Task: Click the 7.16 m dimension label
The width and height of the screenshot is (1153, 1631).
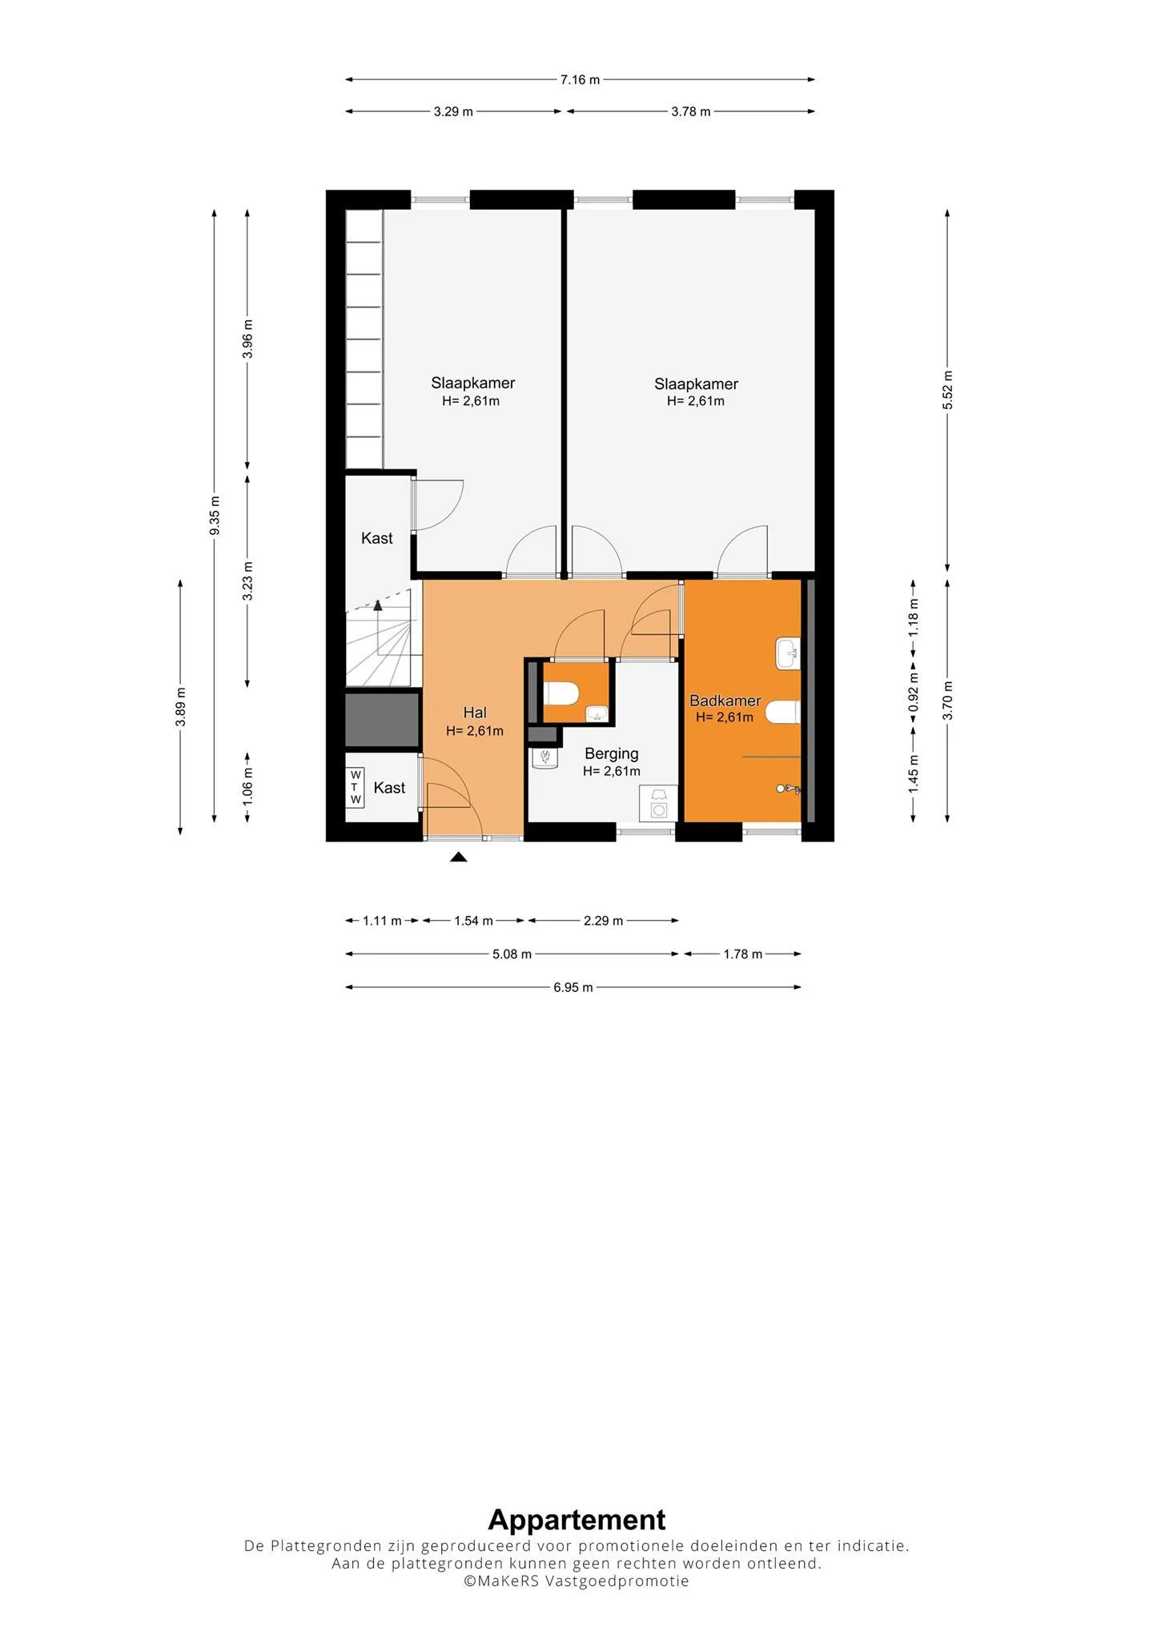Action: (580, 80)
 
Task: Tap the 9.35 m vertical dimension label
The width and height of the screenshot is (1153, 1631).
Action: (215, 516)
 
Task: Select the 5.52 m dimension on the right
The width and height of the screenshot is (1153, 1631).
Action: (947, 390)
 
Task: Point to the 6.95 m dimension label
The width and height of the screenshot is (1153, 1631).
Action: (573, 987)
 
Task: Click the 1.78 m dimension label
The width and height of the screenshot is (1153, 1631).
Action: (742, 954)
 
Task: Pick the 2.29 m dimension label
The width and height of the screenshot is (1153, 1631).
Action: (603, 921)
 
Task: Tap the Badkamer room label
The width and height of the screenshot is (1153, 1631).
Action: (725, 701)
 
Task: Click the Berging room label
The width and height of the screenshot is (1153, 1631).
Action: (612, 754)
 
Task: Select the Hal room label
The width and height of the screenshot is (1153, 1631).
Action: (475, 713)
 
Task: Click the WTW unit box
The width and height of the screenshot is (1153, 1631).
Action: (356, 787)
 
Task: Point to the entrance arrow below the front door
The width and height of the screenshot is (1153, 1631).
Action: (458, 857)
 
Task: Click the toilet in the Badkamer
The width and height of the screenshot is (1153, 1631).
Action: (782, 711)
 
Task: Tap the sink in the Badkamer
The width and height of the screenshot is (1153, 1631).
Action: (788, 653)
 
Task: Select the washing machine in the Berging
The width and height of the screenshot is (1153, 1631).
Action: (659, 804)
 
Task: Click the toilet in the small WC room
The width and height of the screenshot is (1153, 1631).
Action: (560, 693)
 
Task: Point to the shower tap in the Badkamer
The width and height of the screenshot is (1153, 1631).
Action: (788, 789)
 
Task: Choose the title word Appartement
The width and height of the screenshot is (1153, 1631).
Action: (576, 1519)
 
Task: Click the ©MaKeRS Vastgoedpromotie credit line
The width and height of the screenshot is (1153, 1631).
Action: (576, 1581)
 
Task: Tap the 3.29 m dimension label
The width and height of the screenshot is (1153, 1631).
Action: (453, 112)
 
